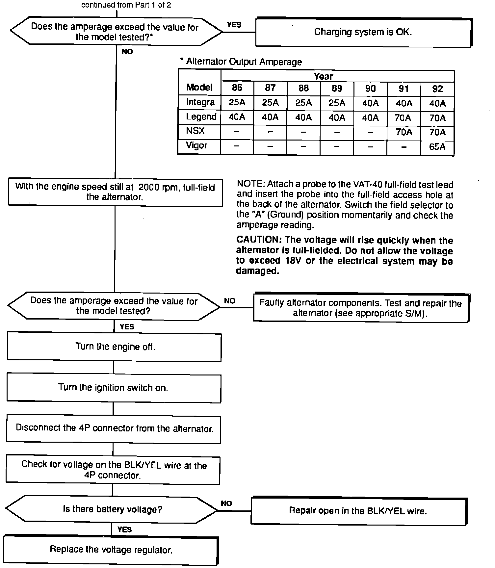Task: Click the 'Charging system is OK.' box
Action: coord(363,32)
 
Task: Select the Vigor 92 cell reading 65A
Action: coord(437,147)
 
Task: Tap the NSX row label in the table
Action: coord(195,131)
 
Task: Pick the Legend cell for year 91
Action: coord(404,117)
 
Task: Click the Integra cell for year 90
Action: coord(370,103)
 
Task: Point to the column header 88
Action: coord(303,88)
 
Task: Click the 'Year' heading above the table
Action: coord(323,76)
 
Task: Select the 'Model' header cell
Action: coord(199,87)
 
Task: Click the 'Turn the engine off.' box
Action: coord(115,347)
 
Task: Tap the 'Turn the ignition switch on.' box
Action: coord(113,388)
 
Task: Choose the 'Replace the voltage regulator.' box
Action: coord(111,550)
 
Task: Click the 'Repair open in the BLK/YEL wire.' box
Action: coord(358,511)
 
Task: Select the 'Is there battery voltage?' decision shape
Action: coord(112,509)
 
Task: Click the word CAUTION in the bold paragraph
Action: coord(258,240)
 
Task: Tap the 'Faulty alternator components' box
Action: coord(360,308)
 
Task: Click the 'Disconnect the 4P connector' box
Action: coord(114,428)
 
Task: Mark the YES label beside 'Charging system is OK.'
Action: coord(234,25)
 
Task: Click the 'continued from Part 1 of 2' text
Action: coord(126,5)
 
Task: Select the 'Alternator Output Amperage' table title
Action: coord(244,62)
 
